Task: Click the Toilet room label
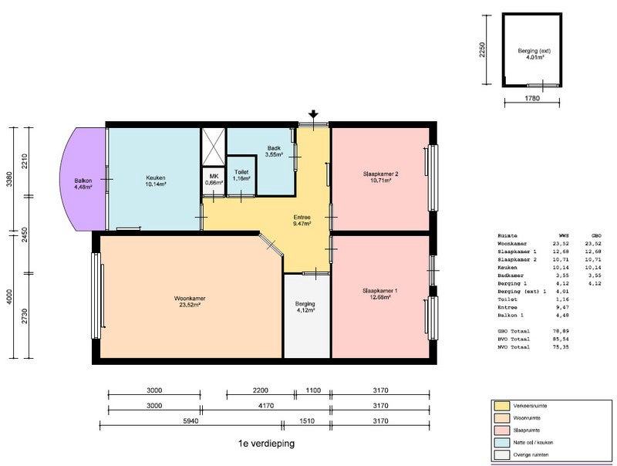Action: pos(241,175)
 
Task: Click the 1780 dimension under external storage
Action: pos(531,99)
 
